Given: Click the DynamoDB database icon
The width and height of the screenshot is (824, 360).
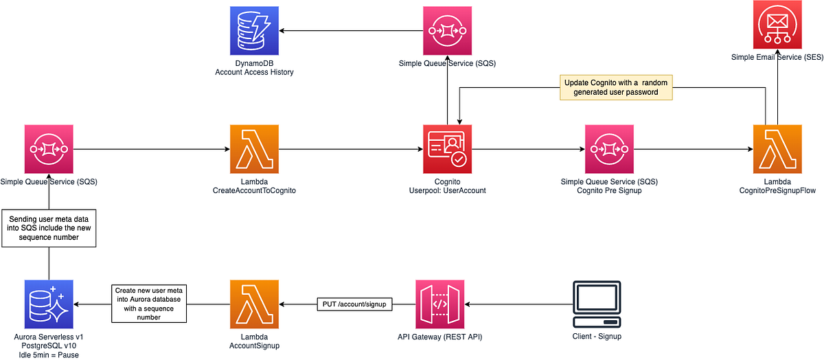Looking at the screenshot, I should [x=254, y=31].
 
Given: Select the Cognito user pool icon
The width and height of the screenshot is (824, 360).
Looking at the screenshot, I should [x=447, y=149].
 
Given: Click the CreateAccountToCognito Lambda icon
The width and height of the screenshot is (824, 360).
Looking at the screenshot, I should [x=254, y=149].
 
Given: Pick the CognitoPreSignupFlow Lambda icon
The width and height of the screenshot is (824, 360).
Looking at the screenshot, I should [x=777, y=149].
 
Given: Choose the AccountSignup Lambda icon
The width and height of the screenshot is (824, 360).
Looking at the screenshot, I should [x=254, y=304].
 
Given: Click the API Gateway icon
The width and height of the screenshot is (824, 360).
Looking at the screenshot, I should [x=440, y=304].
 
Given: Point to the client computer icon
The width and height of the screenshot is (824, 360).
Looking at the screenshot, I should [x=597, y=304].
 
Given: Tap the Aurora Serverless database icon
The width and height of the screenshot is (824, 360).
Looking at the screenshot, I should [x=49, y=304].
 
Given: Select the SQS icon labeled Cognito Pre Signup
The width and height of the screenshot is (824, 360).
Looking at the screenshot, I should [x=610, y=149].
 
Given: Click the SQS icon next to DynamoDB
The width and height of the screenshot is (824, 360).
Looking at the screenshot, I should [x=447, y=31].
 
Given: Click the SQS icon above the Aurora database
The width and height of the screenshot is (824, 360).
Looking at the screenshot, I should [x=49, y=149].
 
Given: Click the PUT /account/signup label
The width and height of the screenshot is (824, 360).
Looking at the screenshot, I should [x=354, y=304].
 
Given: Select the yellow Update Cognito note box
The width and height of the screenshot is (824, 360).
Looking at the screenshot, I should [x=616, y=88].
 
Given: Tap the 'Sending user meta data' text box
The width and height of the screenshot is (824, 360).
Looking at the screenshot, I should [x=49, y=228].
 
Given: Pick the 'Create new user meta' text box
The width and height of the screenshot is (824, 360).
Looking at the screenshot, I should [x=150, y=304].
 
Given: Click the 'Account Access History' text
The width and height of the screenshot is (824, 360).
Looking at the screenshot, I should [x=254, y=72].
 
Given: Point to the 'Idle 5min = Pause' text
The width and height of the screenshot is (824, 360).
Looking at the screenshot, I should [x=49, y=354].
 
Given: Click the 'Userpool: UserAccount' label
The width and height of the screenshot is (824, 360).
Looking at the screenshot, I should [x=447, y=190].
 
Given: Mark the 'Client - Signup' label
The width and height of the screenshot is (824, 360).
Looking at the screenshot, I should [x=597, y=336].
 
